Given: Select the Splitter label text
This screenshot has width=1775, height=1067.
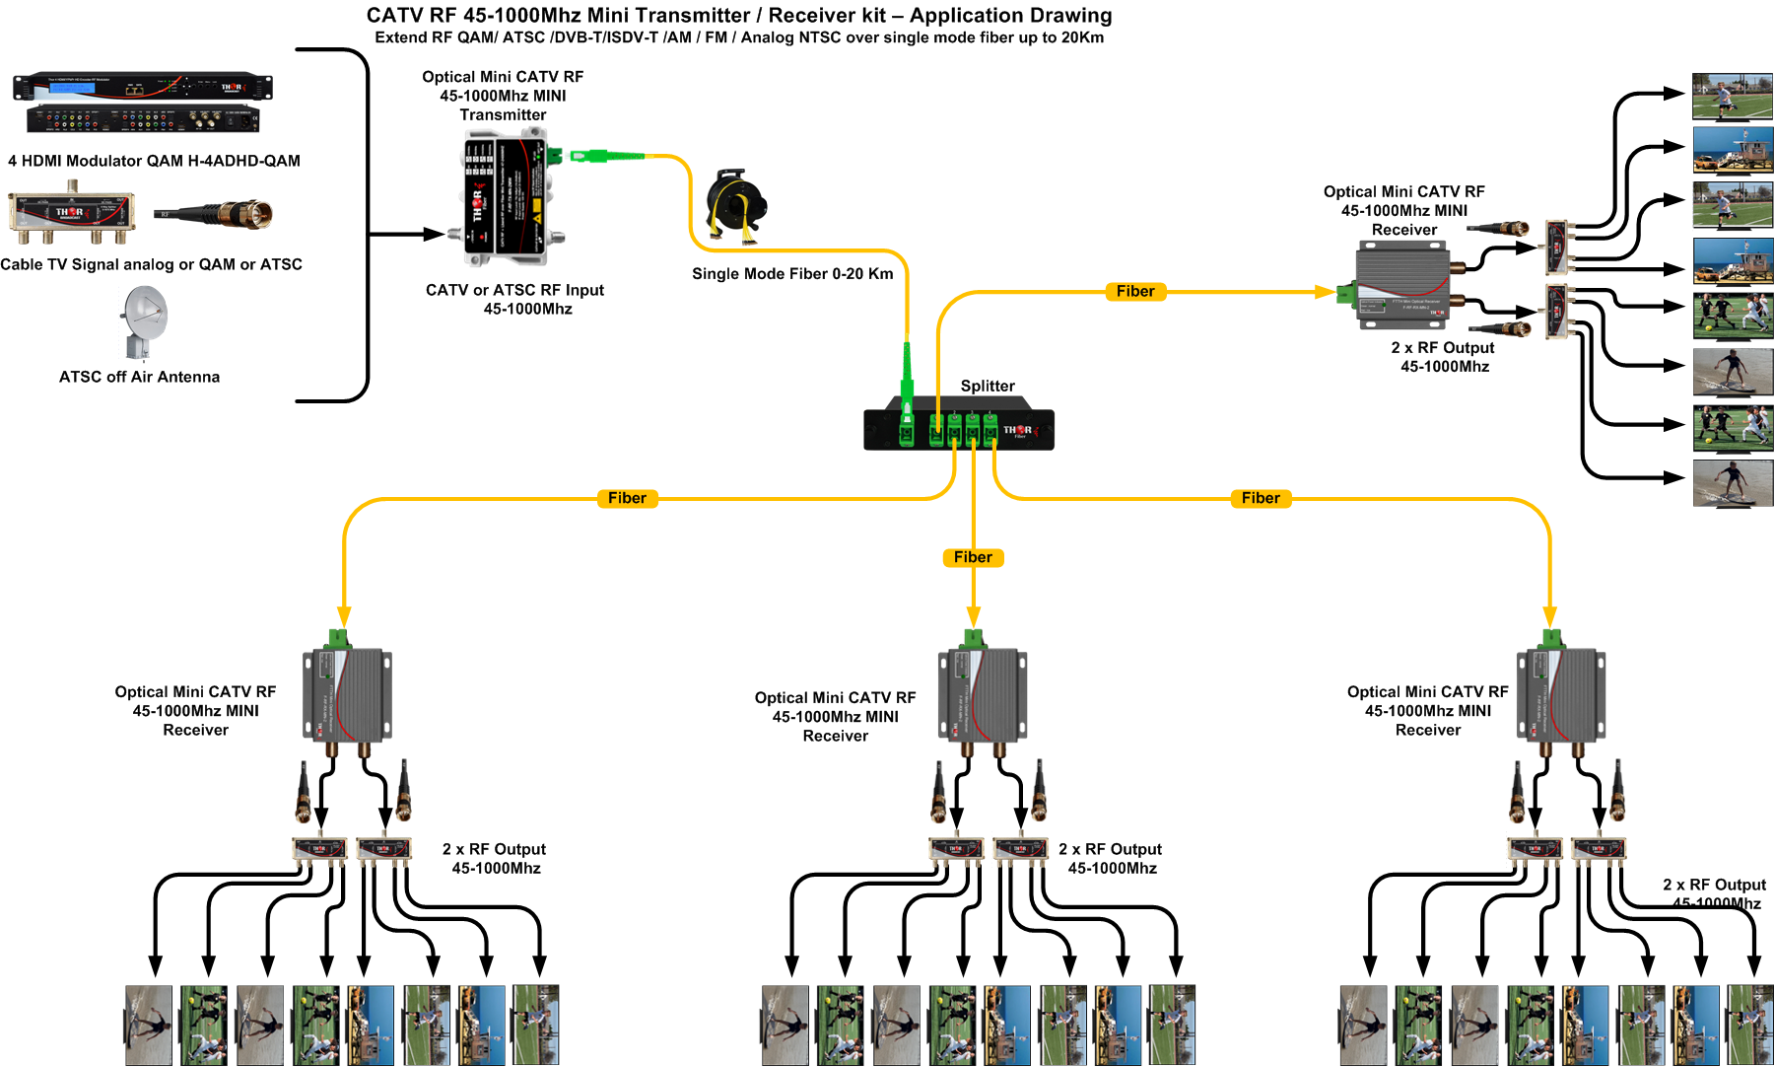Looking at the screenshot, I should pos(988,386).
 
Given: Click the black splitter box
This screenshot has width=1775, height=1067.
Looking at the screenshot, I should pos(958,430).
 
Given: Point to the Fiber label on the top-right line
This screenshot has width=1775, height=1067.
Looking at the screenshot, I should pos(1135,291).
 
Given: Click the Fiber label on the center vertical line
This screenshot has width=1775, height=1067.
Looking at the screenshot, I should pos(973,557).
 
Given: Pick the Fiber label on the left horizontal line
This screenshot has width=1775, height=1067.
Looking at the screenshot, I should pos(627,498).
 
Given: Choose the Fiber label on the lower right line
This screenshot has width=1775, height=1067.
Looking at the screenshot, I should pos(1261,498).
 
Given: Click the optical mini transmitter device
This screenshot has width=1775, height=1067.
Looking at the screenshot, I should pos(504,202).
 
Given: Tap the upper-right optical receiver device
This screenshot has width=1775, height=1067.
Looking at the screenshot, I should pos(1401,287).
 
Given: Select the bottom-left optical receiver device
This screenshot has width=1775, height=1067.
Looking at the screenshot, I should pos(346,695).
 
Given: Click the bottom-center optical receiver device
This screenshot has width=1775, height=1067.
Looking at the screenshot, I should pos(982,695).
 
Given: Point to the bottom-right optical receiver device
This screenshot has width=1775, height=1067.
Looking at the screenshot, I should pos(1560,695).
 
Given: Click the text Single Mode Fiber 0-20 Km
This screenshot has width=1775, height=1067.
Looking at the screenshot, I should pos(792,273).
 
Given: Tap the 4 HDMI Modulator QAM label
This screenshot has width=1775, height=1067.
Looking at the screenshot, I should pos(154,161).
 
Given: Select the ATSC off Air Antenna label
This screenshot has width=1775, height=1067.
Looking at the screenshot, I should pos(139,377).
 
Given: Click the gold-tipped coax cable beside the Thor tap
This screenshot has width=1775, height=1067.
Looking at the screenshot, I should pos(215,214).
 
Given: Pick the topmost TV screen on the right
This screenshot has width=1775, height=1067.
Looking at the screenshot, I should pos(1733,97).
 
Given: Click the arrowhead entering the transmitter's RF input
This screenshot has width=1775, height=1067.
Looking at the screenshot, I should pos(435,235).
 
